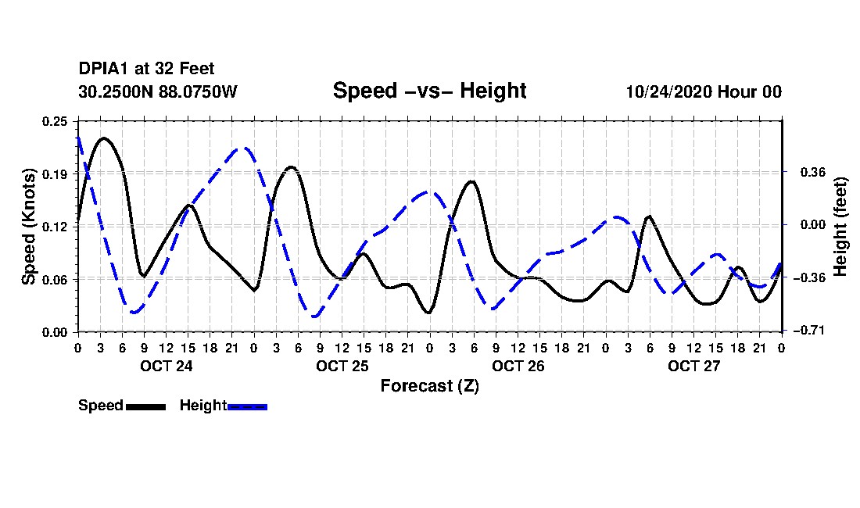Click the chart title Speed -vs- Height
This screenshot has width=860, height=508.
429,91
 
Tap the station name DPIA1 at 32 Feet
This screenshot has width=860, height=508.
146,69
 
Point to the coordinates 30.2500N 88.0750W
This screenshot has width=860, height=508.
157,91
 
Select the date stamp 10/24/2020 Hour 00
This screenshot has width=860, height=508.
704,91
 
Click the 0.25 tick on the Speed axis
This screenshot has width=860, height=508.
55,121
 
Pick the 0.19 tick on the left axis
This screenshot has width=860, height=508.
55,174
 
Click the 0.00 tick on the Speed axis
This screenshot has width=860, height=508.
55,332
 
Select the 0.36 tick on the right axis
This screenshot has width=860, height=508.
813,173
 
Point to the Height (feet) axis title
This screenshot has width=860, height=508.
840,227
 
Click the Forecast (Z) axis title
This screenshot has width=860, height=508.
430,386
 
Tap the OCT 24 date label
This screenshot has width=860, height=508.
167,366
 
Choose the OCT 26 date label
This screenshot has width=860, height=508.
518,366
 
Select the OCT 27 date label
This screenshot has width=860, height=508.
693,366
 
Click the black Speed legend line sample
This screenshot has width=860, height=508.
146,406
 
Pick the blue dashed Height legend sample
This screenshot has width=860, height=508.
247,406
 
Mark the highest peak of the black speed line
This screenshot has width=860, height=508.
103,138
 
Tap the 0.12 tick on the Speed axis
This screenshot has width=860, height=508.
55,227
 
